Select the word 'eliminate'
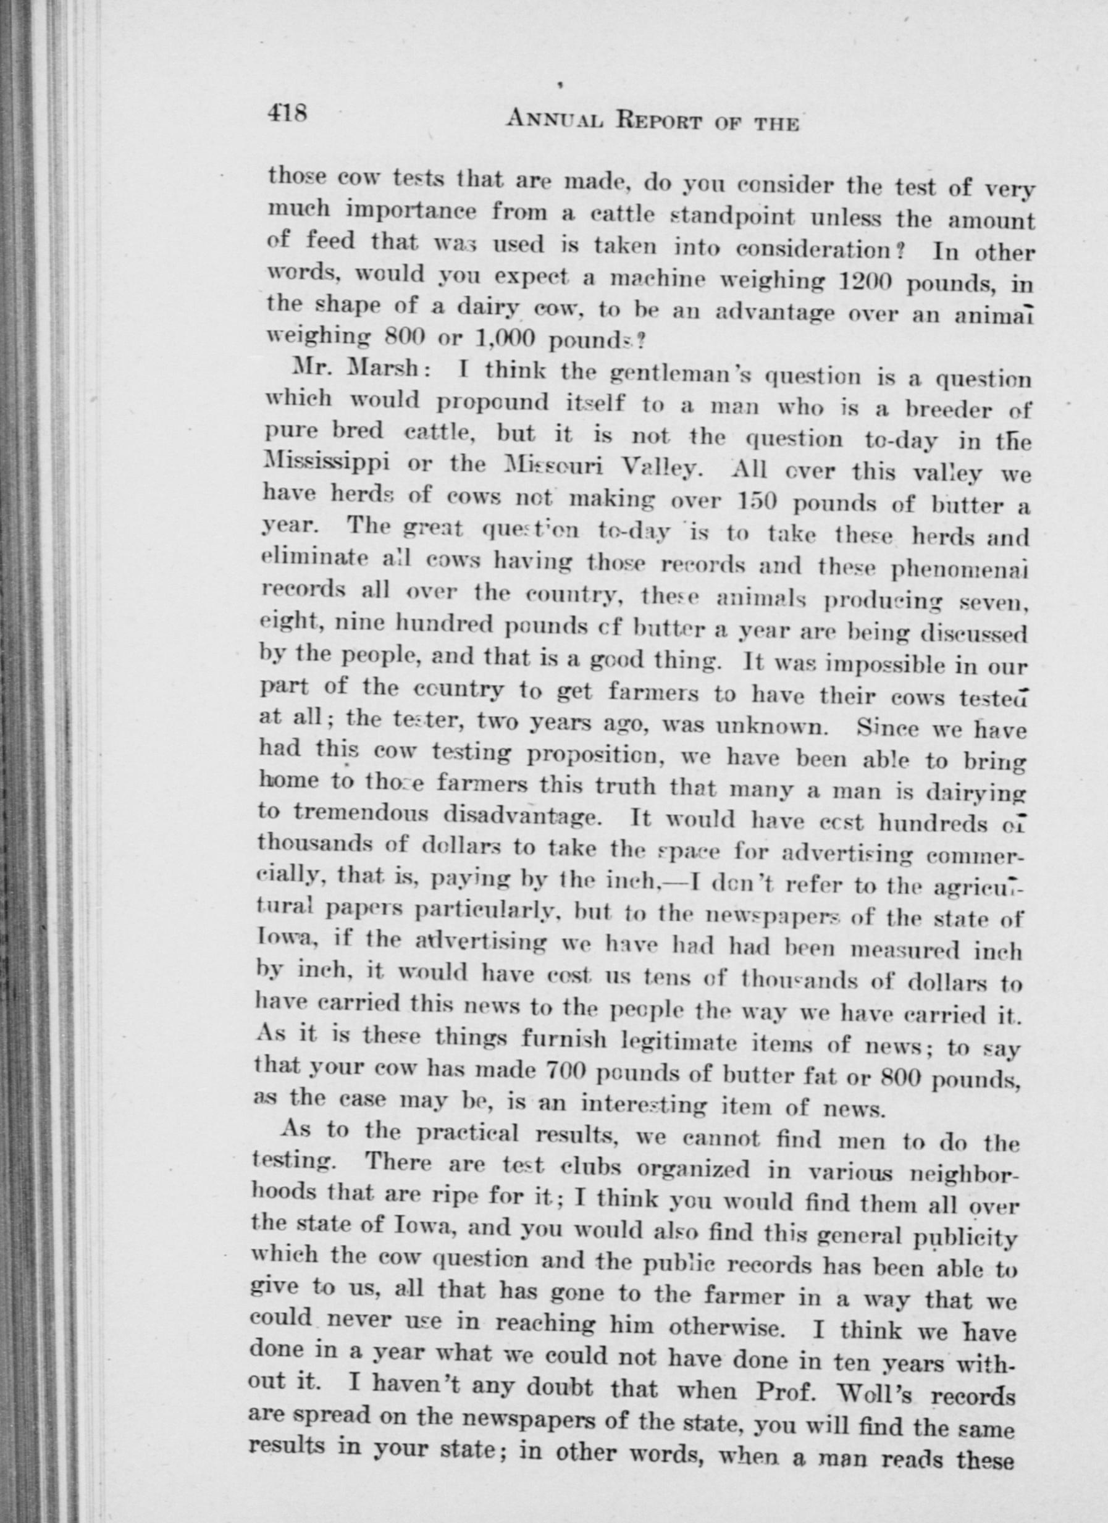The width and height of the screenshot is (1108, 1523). click(308, 560)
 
